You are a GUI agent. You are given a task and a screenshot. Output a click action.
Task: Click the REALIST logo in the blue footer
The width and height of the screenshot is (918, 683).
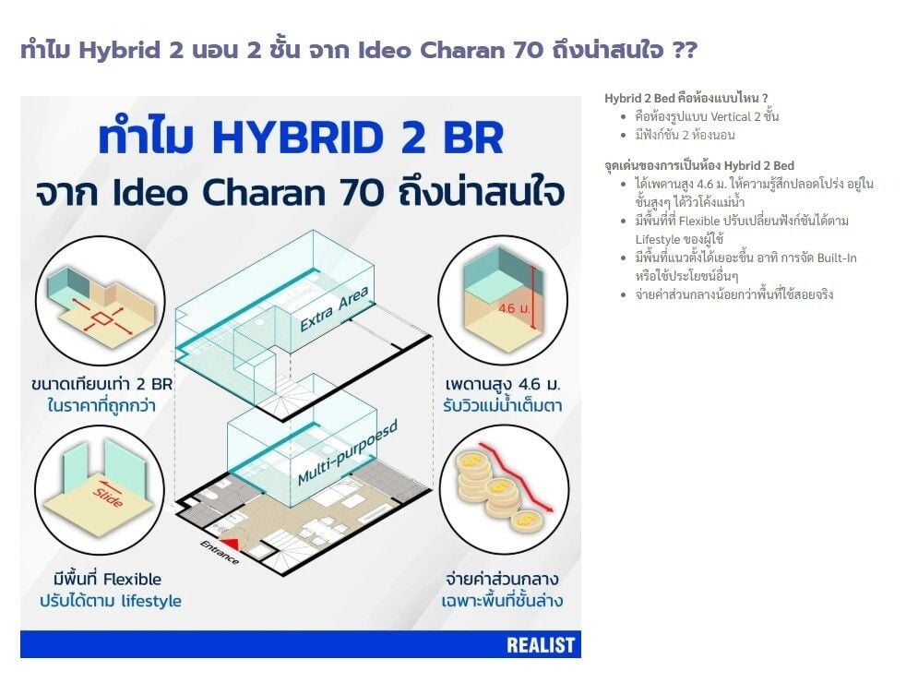coord(541,645)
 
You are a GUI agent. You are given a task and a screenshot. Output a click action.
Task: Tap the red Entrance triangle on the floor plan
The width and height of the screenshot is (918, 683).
coord(232,544)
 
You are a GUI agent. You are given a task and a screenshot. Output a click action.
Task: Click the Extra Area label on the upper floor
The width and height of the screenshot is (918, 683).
coord(334,308)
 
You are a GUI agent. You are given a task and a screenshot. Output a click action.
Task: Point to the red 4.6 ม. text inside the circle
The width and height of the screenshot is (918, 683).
coord(513,308)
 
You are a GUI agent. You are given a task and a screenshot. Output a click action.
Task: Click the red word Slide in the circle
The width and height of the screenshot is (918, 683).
coord(108,497)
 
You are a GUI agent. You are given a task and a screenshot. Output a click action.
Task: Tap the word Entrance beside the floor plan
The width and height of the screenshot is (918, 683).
coord(220,552)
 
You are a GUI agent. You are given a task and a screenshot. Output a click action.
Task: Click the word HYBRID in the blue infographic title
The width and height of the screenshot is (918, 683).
coord(299,138)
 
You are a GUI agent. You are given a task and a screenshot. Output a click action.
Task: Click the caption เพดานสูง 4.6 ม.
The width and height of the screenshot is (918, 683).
coord(502,384)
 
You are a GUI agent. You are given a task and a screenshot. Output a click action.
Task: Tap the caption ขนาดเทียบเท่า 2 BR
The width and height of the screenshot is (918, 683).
coord(101,384)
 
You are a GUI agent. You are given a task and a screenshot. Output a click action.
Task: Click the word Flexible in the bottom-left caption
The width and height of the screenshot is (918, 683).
coord(132,580)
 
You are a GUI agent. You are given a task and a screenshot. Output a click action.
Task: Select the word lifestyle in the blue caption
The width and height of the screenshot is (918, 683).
coord(151,601)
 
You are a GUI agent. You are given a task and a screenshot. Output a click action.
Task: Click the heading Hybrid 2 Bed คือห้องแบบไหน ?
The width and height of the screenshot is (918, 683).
coord(686,98)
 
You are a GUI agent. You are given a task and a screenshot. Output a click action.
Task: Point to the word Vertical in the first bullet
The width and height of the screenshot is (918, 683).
coord(731,116)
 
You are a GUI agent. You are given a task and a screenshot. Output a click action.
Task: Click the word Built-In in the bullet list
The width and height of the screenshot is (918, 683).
coord(837,258)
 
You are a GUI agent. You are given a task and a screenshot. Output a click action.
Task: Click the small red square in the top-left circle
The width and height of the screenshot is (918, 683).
coord(101,318)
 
